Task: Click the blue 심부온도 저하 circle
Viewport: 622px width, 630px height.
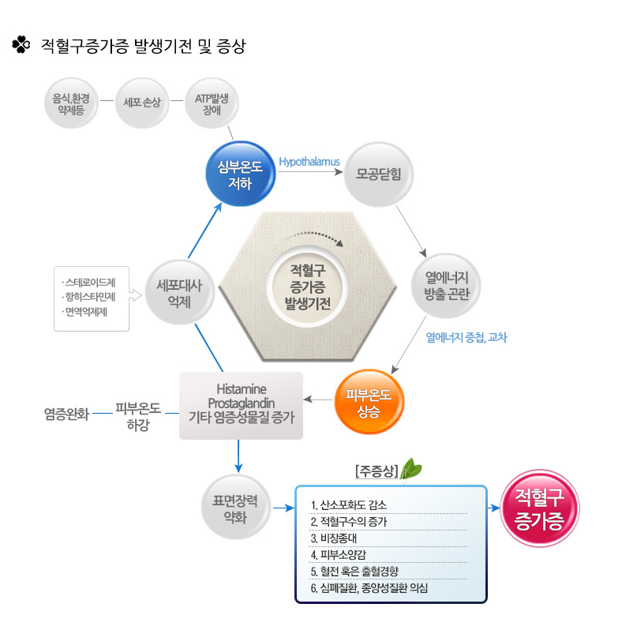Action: coord(240,174)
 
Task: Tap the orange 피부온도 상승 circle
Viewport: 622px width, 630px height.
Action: coord(369,402)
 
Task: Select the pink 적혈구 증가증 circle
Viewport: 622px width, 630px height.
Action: coord(540,508)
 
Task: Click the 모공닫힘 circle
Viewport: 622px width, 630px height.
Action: coord(379,174)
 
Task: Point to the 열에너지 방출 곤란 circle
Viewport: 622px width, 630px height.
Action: coord(447,286)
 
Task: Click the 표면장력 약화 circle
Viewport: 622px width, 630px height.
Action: coord(235,507)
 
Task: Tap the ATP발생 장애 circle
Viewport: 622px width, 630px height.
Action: coord(212,103)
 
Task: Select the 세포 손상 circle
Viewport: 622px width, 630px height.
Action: coord(142,103)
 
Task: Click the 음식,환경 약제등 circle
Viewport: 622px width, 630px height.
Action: coord(71,103)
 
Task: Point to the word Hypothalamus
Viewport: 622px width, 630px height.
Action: coord(309,162)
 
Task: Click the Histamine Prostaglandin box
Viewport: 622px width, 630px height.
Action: coord(241,406)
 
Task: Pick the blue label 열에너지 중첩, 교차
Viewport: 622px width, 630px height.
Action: coord(466,338)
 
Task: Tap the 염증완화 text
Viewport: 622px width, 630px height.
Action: coord(66,414)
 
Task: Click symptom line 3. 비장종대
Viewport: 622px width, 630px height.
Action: coord(334,538)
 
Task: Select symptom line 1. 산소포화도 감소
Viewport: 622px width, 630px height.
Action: coord(348,505)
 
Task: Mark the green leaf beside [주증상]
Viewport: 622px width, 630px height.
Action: coord(410,468)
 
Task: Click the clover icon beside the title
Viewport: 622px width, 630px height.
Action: coord(21,44)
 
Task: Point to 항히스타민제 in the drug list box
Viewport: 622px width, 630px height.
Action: coord(90,297)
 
